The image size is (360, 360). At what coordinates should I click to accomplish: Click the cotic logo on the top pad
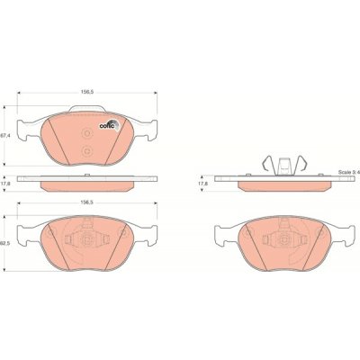pyautogui.click(x=110, y=125)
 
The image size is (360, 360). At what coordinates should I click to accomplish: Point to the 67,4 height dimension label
pyautogui.click(x=5, y=136)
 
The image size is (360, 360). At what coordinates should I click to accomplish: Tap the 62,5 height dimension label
pyautogui.click(x=5, y=243)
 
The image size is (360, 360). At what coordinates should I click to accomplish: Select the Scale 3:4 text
pyautogui.click(x=349, y=173)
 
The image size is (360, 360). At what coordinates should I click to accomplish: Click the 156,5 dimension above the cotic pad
pyautogui.click(x=87, y=93)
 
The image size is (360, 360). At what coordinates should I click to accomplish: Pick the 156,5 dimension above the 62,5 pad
pyautogui.click(x=87, y=202)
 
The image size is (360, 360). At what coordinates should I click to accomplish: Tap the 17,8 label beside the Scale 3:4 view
pyautogui.click(x=204, y=183)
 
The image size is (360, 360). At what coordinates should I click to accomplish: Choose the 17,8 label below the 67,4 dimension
pyautogui.click(x=5, y=184)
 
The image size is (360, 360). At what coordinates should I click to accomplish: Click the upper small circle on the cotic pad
pyautogui.click(x=87, y=133)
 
